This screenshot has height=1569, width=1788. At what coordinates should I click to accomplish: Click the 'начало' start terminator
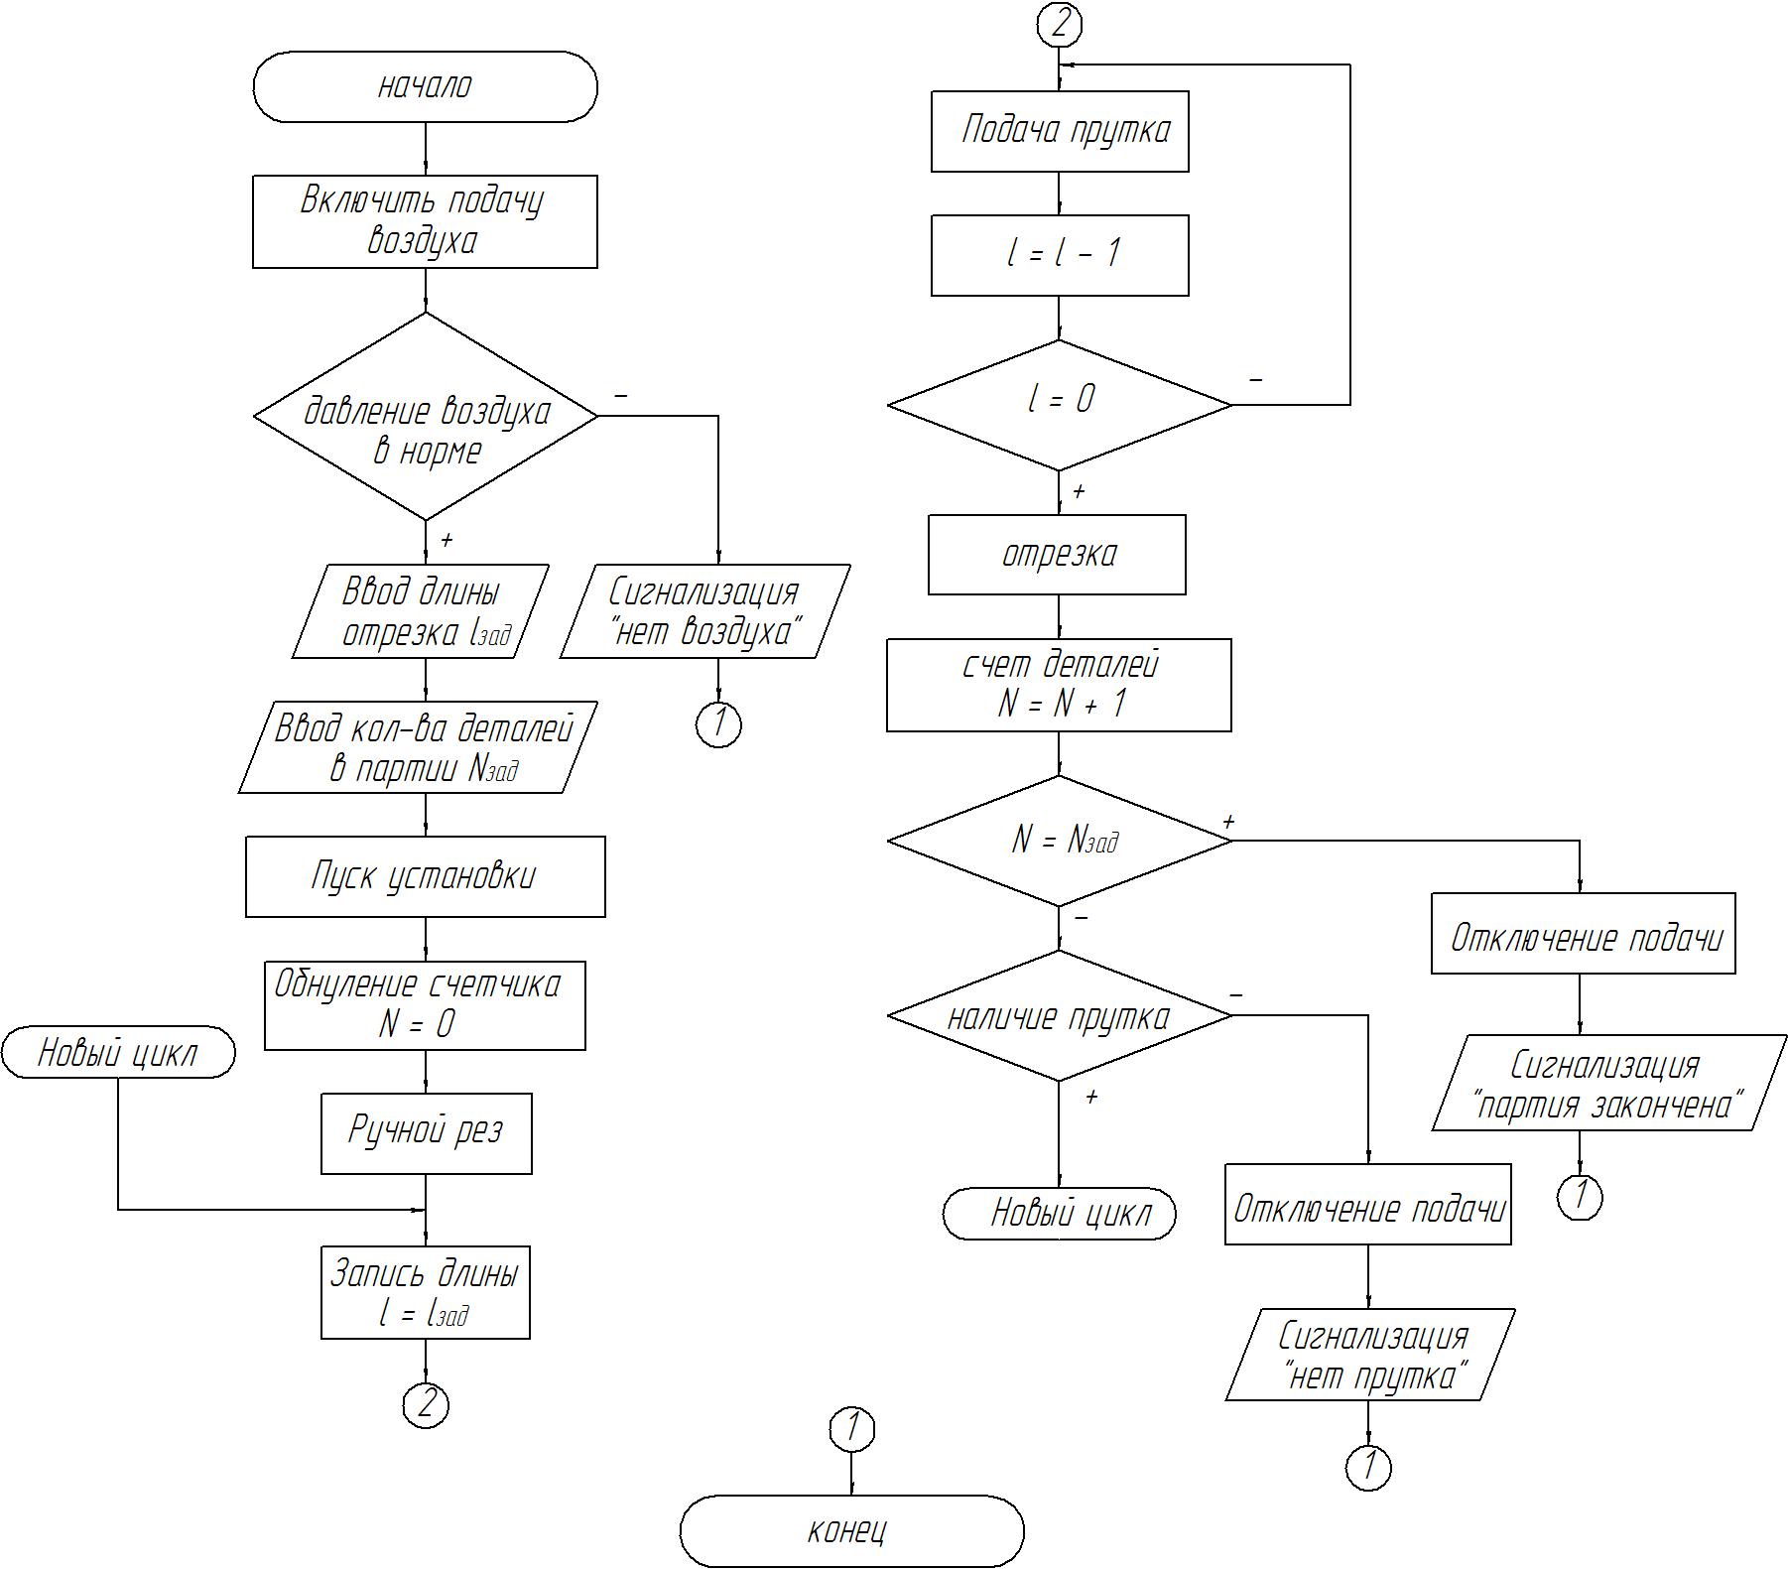425,87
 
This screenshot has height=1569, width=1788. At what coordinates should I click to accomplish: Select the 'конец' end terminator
851,1530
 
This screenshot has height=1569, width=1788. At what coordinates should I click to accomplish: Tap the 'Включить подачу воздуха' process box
425,221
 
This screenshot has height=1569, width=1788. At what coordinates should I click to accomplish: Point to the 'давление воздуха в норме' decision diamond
426,417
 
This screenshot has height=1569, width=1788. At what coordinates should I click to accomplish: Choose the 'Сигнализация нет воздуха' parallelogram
704,611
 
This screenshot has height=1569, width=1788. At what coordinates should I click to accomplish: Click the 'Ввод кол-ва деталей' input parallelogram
419,747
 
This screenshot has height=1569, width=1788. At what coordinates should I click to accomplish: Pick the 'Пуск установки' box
425,876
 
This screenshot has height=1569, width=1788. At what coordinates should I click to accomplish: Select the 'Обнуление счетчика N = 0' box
425,1005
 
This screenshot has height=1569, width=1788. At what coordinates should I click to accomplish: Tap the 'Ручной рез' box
426,1133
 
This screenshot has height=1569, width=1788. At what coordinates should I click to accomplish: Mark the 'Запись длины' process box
425,1292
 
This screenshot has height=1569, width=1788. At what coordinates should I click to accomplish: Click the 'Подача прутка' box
1060,132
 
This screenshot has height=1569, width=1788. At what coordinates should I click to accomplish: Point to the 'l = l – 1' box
1060,256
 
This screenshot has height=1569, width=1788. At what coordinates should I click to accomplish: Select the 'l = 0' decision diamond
1060,405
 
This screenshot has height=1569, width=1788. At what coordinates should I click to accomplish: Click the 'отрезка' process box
1057,555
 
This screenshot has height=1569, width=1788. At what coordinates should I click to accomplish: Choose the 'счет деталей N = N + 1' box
1059,685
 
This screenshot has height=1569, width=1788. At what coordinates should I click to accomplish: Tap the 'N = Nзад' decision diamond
1060,841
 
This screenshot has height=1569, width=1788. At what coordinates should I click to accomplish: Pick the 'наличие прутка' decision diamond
1060,1016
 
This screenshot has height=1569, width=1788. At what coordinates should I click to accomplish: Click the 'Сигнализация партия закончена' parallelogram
1608,1083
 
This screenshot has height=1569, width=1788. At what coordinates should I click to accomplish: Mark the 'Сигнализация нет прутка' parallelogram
1370,1355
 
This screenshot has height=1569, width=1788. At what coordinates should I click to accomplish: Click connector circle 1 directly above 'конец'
851,1429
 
